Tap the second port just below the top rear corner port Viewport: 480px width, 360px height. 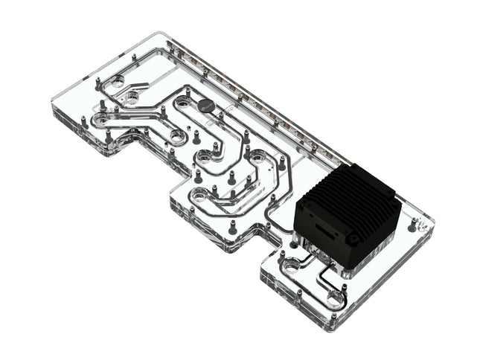click(132, 96)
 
